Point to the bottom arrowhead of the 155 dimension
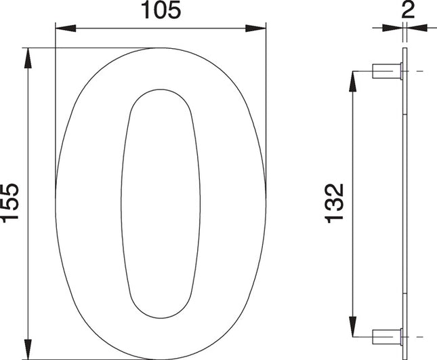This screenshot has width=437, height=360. pyautogui.click(x=28, y=350)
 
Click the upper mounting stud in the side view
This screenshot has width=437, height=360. pyautogui.click(x=387, y=71)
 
